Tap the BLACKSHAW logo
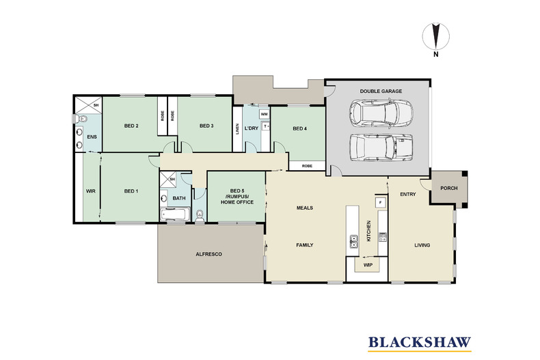click(420, 343)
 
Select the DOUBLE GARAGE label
click(381, 92)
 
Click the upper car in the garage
click(381, 114)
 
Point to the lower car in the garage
click(381, 148)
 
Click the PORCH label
click(449, 189)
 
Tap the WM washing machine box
click(264, 114)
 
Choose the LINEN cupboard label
click(237, 129)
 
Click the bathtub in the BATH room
click(175, 214)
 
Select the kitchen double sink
click(353, 241)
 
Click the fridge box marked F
click(380, 202)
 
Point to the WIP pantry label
click(368, 265)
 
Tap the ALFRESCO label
click(208, 254)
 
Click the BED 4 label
click(299, 128)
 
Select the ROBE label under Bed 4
click(307, 166)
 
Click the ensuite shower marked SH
click(88, 105)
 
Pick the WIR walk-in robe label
click(91, 191)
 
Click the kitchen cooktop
click(383, 237)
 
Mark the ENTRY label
click(408, 195)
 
